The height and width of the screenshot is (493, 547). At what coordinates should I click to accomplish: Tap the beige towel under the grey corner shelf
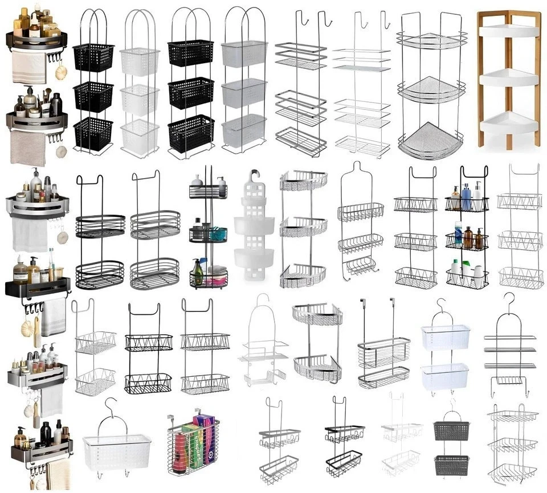click(x=28, y=149)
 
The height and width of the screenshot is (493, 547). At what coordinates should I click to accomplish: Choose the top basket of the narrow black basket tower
click(x=93, y=57)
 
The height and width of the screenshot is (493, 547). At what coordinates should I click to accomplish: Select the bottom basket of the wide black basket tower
click(x=191, y=134)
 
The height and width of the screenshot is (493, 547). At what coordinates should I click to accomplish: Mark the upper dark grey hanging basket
click(x=451, y=430)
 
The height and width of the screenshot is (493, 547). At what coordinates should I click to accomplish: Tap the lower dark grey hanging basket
click(x=451, y=465)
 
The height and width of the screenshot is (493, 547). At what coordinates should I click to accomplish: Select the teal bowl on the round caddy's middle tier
click(x=217, y=234)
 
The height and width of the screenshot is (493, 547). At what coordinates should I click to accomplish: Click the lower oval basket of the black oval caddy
click(x=100, y=274)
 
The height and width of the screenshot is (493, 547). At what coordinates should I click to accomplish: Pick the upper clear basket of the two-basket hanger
click(x=446, y=338)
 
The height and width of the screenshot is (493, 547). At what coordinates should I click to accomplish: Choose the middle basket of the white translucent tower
click(x=139, y=100)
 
